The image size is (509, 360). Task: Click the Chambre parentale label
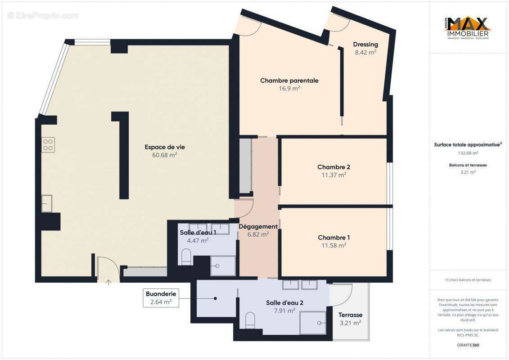[x=289, y=81]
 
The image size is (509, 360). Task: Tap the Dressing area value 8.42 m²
[x=365, y=52]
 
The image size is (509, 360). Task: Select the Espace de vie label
[x=164, y=147]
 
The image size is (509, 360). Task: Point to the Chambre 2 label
[x=333, y=167]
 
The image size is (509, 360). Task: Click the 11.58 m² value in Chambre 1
[x=333, y=246]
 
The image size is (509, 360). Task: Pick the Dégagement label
[x=258, y=226]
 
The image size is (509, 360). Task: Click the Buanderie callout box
[x=161, y=298]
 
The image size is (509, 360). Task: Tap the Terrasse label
[x=351, y=315]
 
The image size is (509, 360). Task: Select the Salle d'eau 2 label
[x=284, y=303]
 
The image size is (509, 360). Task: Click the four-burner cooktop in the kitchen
[x=48, y=145]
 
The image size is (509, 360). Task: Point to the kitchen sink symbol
[x=46, y=203]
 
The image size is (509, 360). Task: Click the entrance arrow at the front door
[x=108, y=282]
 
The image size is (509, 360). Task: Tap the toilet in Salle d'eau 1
[x=186, y=257]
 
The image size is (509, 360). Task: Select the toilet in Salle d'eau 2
[x=250, y=320]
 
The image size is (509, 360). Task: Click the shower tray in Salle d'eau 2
[x=313, y=322]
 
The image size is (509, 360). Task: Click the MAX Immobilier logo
[x=468, y=28]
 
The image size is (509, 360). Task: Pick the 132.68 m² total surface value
[x=468, y=153]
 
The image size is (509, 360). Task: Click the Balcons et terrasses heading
[x=468, y=165]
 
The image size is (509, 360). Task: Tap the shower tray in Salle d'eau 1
[x=223, y=265]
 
